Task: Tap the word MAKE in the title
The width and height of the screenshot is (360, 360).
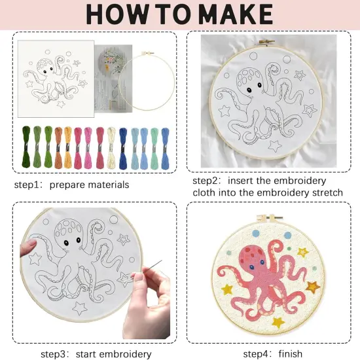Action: tap(232, 14)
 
